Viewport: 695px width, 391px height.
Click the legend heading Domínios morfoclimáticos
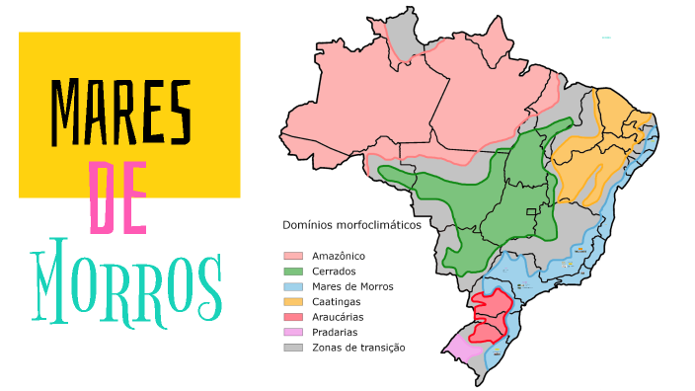tap(351, 225)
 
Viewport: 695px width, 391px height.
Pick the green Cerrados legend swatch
tap(293, 272)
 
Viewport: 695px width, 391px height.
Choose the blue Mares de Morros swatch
tap(293, 286)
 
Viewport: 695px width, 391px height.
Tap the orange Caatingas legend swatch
tap(293, 301)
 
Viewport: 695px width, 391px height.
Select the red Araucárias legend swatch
tap(293, 317)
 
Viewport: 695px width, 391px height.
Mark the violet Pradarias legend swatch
tap(293, 332)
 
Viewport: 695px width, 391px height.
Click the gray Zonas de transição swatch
tap(293, 347)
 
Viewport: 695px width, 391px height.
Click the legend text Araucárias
tap(338, 317)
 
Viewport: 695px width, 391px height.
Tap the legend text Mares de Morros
tap(352, 286)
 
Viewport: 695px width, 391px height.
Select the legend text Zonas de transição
tap(358, 347)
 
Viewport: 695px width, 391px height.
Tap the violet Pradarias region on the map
tap(460, 348)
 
